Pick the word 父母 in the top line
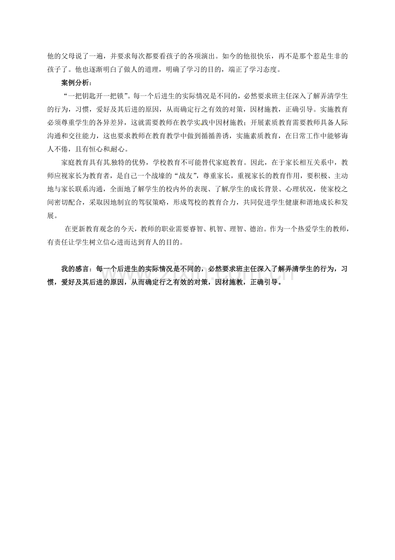tap(64, 56)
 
